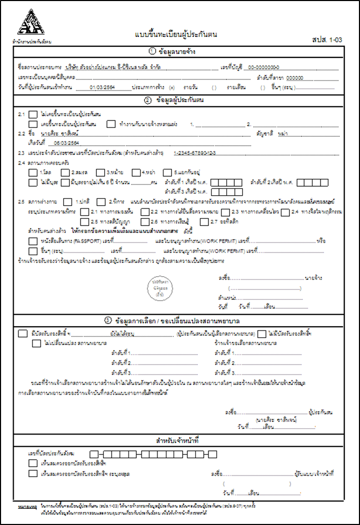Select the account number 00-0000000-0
tap(264, 68)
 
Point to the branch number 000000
tap(297, 78)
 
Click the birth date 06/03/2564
tap(66, 143)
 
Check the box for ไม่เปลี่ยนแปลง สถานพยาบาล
tap(36, 344)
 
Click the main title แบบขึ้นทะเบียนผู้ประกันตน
tap(176, 34)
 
